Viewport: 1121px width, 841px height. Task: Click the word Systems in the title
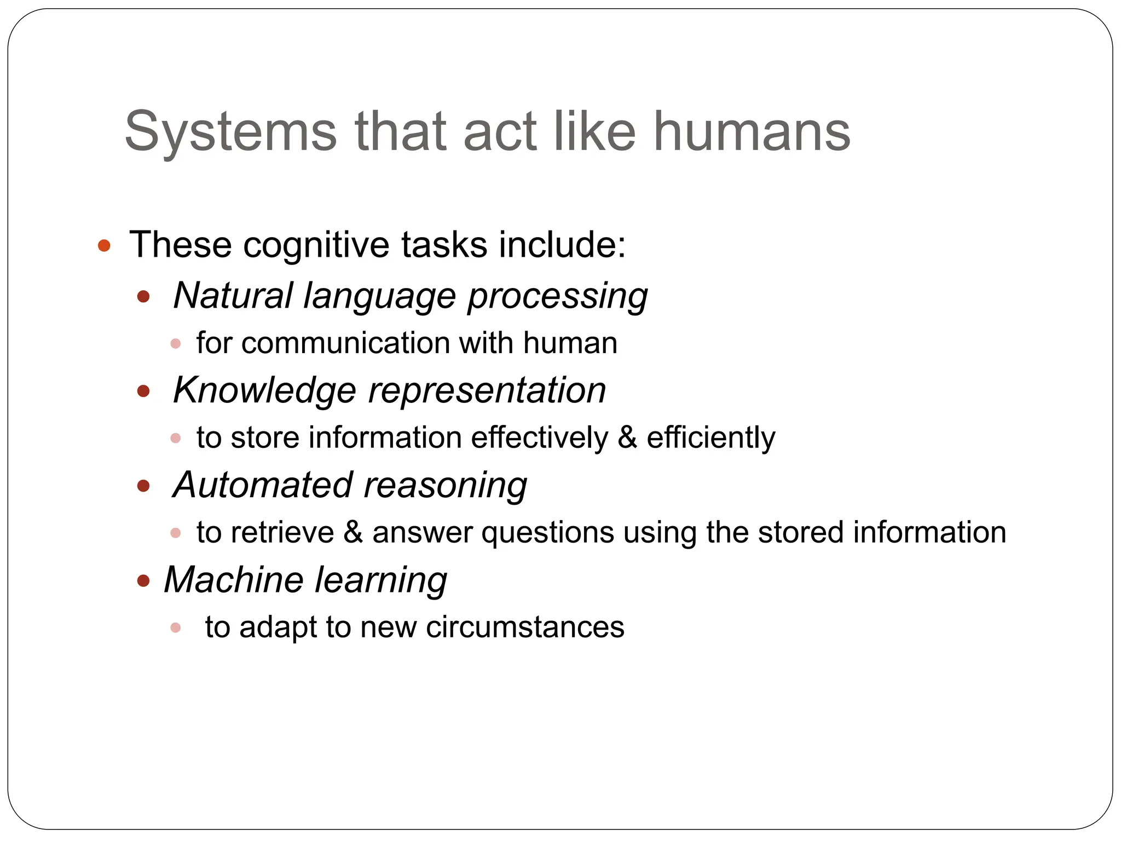[x=230, y=132]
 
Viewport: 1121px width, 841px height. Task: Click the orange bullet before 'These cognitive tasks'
[x=104, y=245]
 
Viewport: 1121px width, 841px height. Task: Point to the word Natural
[x=233, y=296]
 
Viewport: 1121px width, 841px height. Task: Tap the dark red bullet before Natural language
[x=143, y=297]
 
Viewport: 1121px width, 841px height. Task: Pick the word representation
[x=487, y=391]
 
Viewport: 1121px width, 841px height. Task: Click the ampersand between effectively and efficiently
[x=627, y=438]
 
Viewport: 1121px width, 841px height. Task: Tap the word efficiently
[x=710, y=438]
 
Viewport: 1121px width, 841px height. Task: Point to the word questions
[x=547, y=533]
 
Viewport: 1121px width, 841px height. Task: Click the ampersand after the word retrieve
[x=353, y=533]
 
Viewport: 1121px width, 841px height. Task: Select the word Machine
[x=233, y=580]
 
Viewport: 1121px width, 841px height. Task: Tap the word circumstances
[x=525, y=627]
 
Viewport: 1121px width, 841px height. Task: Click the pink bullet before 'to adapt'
[x=176, y=627]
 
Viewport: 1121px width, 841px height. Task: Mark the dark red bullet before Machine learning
[x=143, y=581]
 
